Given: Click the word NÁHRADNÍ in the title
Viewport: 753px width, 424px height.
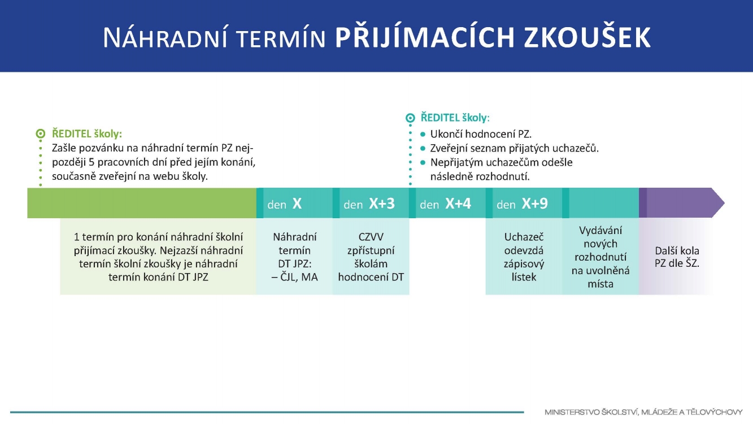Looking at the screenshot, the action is pos(166,37).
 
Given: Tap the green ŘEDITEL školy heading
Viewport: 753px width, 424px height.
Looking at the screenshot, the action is pos(87,133).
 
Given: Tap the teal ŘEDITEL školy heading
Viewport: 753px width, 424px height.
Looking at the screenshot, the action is pos(455,118).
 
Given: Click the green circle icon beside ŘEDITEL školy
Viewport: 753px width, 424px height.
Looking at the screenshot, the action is pos(40,133).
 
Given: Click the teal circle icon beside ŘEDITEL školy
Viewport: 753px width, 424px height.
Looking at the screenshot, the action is pos(410,118).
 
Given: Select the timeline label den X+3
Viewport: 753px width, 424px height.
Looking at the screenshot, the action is pos(369,204).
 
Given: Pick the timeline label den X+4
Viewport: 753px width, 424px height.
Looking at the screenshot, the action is pos(445,204).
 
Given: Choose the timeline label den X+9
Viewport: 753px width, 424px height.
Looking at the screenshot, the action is pos(522,204).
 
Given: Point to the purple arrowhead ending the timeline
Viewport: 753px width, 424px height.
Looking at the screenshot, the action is pos(718,203).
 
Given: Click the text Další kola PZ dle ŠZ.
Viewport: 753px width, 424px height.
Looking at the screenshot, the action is pos(677,257).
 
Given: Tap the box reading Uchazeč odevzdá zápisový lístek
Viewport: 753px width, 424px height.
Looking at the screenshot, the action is pos(524,257).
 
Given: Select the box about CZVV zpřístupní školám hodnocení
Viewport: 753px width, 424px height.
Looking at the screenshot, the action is pos(371,257).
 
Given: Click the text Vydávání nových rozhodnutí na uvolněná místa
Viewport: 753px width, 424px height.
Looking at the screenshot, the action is pos(600,257).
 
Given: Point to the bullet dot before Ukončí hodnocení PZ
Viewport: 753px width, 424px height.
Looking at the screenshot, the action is pos(423,135).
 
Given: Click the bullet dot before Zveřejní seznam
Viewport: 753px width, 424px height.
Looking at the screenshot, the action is pos(423,148).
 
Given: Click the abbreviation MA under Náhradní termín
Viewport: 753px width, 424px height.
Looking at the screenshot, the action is pos(309,277).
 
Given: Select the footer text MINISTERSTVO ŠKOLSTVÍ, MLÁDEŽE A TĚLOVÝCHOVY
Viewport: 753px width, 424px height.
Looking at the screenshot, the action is pos(643,412).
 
